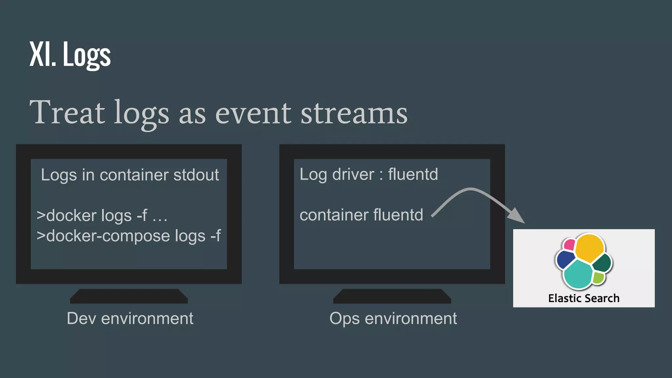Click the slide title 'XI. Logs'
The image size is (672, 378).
70,54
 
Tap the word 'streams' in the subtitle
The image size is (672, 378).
354,114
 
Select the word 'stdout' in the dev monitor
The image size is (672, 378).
196,175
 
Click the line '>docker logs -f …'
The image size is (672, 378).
102,216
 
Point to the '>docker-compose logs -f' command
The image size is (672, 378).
129,236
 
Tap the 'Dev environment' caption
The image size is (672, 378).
130,318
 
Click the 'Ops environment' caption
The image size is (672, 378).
393,318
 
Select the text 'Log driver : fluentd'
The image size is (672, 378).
368,174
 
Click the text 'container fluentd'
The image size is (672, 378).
361,215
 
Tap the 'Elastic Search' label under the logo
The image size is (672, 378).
584,298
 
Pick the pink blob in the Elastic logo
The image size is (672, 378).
569,245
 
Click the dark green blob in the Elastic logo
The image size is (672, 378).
602,263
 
